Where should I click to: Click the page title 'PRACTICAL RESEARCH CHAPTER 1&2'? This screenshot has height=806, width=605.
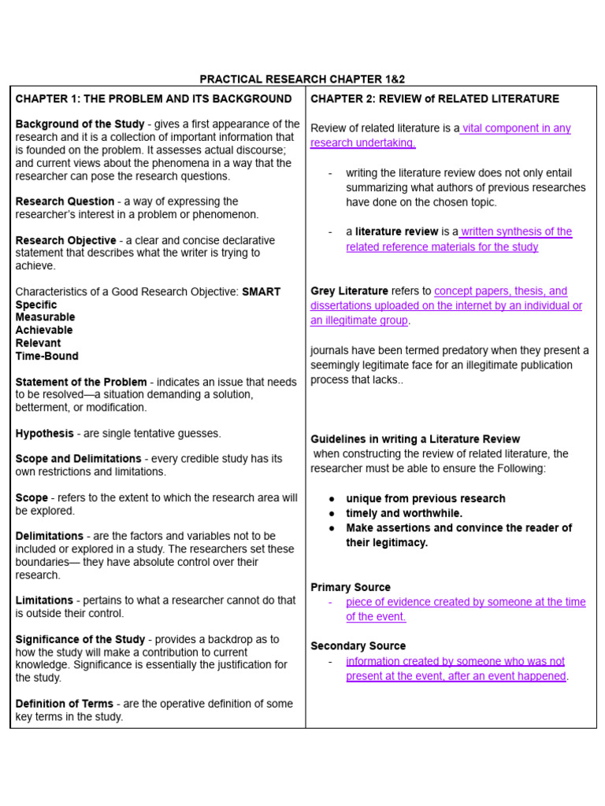(302, 79)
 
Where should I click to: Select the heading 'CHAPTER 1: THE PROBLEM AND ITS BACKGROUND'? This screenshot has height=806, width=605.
(154, 99)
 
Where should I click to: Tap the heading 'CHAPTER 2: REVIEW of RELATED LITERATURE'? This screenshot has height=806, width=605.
(435, 99)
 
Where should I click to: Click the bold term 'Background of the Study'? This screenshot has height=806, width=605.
(80, 124)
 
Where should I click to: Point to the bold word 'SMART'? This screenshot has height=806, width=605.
(261, 292)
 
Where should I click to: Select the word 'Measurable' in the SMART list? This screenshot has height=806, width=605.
(46, 317)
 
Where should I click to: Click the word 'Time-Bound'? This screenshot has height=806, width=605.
(47, 356)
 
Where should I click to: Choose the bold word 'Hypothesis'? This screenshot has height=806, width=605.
(45, 434)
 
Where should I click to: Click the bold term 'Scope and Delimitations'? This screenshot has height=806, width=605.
(78, 459)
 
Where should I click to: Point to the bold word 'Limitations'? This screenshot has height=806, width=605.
(44, 601)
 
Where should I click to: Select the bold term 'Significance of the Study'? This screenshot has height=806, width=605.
(80, 640)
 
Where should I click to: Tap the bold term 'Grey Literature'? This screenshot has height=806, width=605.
(349, 291)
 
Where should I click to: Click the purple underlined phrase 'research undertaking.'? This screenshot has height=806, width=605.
(362, 142)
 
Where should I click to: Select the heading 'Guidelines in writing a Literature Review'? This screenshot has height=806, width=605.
(415, 439)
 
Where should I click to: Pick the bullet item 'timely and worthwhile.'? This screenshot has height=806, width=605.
(404, 513)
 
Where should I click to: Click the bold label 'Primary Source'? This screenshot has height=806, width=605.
(351, 587)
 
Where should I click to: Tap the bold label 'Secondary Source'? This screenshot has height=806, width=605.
(358, 646)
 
